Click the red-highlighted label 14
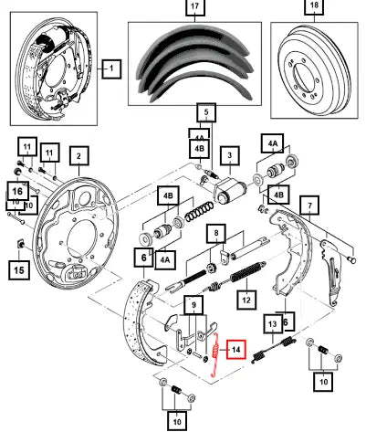pos(235,349)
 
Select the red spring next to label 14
pos(215,354)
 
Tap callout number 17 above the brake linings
pos(195,6)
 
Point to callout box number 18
pos(314,5)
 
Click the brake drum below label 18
pos(314,69)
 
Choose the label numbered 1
pos(111,68)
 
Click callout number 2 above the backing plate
pos(79,156)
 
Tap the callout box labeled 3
pos(230,155)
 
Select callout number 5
pos(206,112)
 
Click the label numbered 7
pos(309,205)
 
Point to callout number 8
pos(216,234)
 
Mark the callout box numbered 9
pos(193,305)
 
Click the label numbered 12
pos(246,300)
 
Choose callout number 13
pos(272,324)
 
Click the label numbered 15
pos(19,269)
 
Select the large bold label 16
pos(17,192)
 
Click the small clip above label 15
pos(20,244)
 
